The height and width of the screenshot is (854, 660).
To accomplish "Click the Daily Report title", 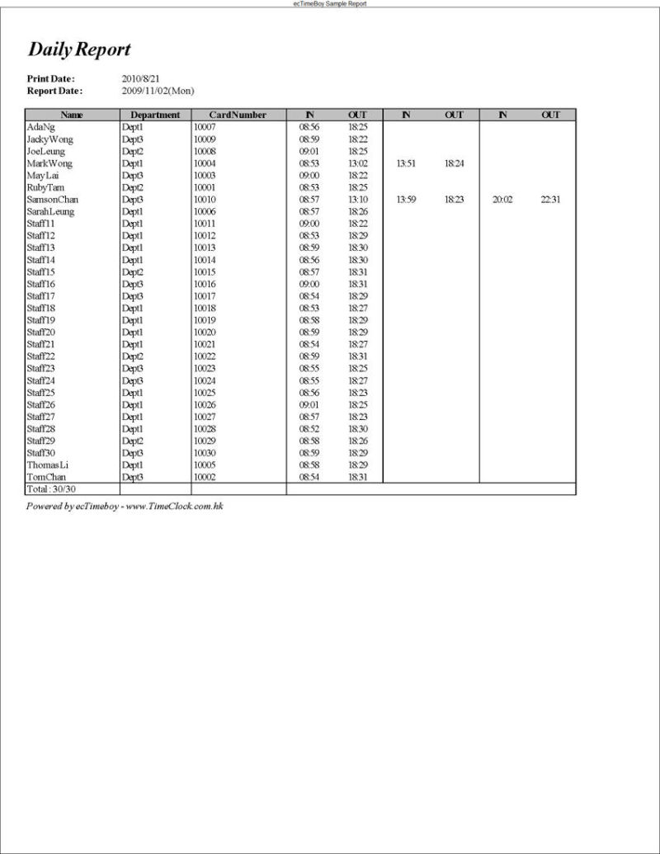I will click(79, 50).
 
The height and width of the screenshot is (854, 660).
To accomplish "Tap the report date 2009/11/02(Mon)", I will click(158, 91).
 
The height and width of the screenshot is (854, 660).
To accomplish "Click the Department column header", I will click(155, 116).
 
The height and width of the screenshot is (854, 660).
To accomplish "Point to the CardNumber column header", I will click(238, 116).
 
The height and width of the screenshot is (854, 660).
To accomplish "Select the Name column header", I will click(72, 116).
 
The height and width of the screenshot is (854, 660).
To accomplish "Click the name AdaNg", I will click(40, 128).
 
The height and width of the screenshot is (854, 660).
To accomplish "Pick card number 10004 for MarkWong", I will click(204, 163).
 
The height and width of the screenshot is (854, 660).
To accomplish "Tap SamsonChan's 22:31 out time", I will click(550, 200).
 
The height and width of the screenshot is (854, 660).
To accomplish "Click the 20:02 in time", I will click(502, 200).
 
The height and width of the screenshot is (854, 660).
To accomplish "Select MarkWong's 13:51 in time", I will click(406, 163).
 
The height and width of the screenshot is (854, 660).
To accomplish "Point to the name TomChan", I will click(46, 477).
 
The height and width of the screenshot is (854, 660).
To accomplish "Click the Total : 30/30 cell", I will click(52, 489).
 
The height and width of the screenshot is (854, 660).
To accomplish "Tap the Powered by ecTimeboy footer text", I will click(125, 506).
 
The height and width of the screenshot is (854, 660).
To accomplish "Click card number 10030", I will click(204, 453).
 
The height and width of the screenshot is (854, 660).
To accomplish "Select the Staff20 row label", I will click(41, 333).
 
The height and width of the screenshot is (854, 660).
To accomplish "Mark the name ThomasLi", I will click(48, 465).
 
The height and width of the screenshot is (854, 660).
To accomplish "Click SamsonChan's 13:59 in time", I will click(406, 200).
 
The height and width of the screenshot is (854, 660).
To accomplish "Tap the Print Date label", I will click(50, 78).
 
